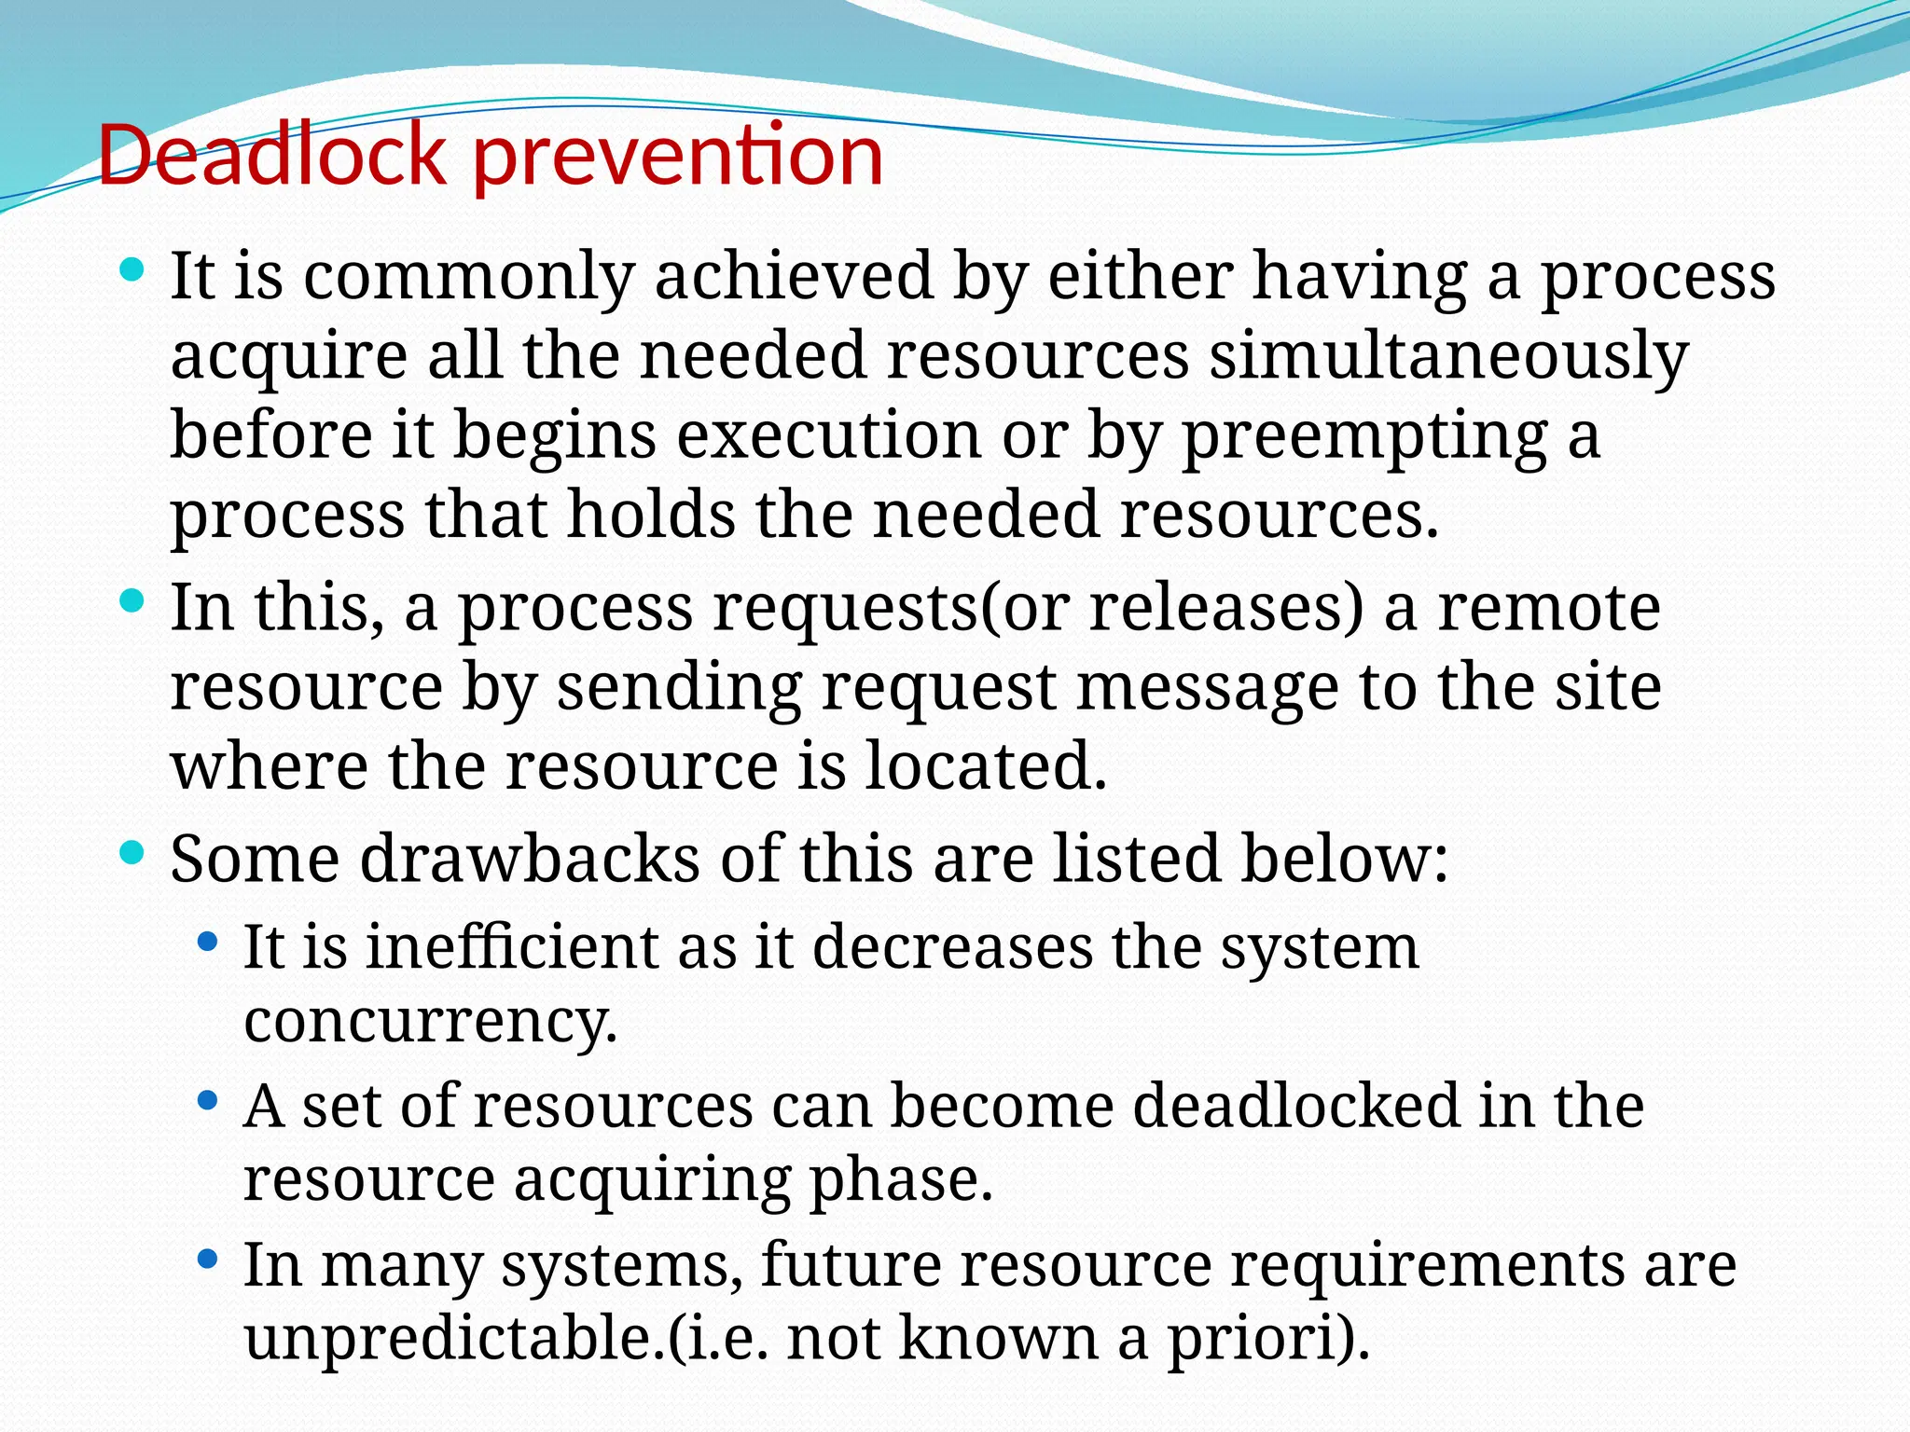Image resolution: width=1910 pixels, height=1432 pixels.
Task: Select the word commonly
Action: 468,277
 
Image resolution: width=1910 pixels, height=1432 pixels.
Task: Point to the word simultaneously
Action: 1448,356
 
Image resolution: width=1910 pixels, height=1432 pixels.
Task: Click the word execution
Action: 828,435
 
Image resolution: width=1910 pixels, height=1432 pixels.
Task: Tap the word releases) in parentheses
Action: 1225,608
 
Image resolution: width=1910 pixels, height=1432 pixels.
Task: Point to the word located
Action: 986,766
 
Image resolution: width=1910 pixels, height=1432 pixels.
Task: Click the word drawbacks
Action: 529,858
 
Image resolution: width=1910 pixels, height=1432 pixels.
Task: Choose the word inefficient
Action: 512,947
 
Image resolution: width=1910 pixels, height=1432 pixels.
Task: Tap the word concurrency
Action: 430,1023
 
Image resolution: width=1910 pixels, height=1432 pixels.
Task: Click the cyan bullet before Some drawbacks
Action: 132,852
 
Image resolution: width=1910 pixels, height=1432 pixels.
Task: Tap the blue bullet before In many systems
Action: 208,1260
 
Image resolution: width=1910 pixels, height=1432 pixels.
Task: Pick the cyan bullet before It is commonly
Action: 132,271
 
